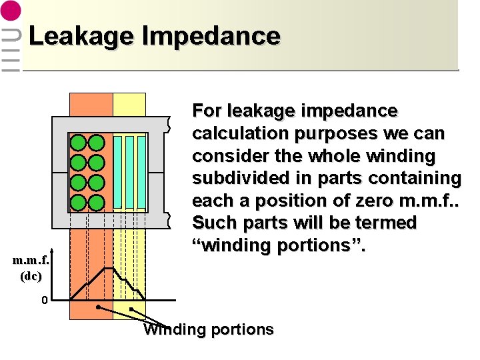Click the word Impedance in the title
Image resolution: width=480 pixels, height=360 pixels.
(211, 37)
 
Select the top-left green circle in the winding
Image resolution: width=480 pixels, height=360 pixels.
(79, 143)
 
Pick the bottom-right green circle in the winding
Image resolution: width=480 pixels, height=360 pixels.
(96, 202)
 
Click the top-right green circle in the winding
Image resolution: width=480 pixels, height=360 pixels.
(96, 143)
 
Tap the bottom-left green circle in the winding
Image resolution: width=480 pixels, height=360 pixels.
(79, 202)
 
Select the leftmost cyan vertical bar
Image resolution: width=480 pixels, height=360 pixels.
(117, 172)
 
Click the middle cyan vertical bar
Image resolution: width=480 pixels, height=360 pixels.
(129, 172)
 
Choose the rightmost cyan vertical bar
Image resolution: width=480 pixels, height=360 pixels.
(141, 172)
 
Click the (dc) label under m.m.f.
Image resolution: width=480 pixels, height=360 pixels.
(30, 275)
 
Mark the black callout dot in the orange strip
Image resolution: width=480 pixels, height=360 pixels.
(98, 308)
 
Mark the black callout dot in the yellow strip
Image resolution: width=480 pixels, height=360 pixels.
(131, 309)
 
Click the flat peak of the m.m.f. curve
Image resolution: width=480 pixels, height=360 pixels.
(106, 268)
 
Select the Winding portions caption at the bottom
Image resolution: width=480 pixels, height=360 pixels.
(209, 330)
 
